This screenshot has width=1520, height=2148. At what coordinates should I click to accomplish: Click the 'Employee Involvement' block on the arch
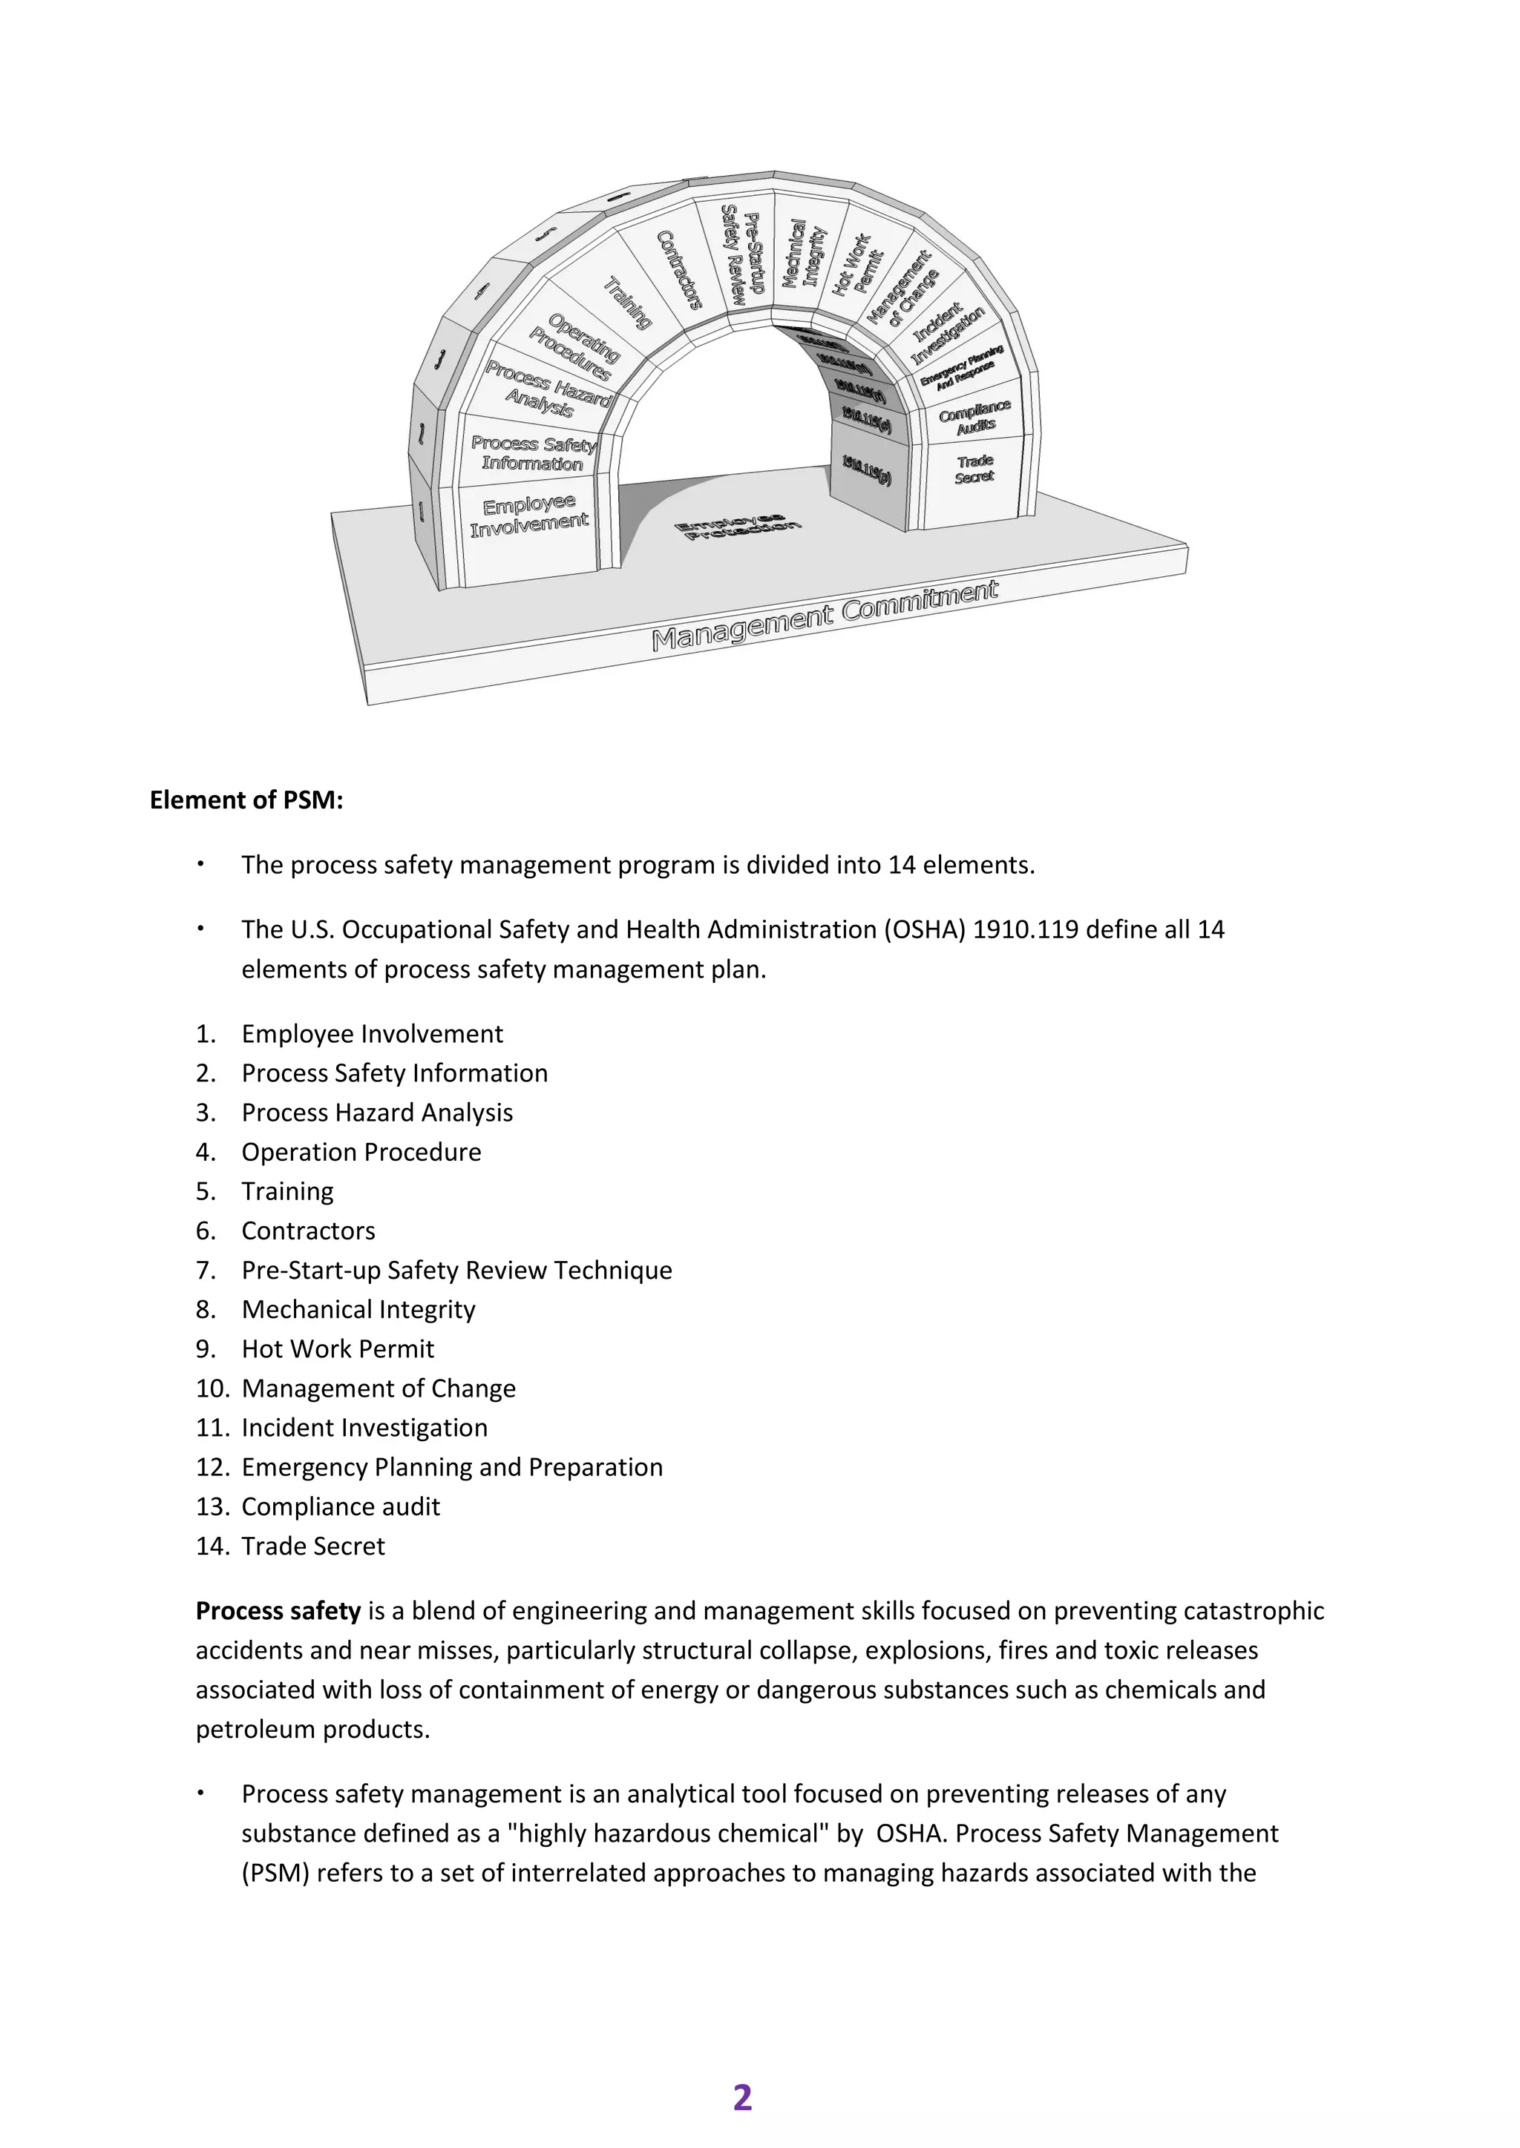pos(529,518)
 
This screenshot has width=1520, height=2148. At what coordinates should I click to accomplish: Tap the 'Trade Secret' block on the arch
pos(974,469)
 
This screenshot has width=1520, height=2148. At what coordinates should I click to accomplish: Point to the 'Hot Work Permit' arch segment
pos(852,265)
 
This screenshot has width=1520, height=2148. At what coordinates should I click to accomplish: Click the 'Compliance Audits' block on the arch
pos(974,416)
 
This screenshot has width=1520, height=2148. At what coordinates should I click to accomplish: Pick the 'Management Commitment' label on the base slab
pos(825,615)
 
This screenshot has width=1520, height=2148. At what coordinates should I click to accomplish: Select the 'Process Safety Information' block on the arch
pos(533,452)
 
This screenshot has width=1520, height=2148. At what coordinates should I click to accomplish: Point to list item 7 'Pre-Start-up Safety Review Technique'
pos(456,1270)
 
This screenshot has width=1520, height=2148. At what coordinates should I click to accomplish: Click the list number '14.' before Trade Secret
pos(212,1546)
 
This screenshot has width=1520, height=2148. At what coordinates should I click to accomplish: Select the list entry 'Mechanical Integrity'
pos(358,1309)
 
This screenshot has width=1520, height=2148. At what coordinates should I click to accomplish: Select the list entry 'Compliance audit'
pos(340,1506)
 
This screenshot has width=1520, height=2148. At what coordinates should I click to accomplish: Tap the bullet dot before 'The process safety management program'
pos(200,863)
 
